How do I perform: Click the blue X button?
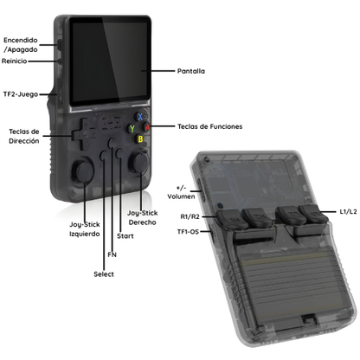tap(140, 117)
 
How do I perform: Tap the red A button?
tap(147, 127)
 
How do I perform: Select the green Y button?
tap(132, 128)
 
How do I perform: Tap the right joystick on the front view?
tap(139, 164)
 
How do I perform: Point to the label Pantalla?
tap(191, 71)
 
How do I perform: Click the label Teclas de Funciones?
tap(210, 126)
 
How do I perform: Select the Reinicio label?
tap(15, 61)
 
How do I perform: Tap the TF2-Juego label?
tap(21, 94)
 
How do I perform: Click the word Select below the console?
tap(104, 274)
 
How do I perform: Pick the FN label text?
tap(112, 254)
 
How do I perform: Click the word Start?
tap(125, 236)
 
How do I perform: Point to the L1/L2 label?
tap(348, 212)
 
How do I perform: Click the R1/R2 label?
tap(190, 216)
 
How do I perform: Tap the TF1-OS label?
tap(188, 232)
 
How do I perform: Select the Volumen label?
tap(181, 196)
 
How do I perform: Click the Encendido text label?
tap(21, 40)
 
